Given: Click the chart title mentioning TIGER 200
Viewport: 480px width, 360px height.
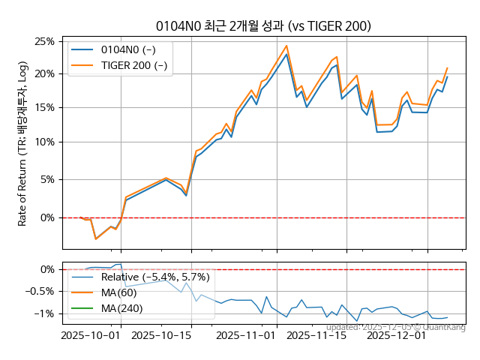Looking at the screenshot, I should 262,26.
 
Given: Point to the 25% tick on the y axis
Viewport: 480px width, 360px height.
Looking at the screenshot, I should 43,41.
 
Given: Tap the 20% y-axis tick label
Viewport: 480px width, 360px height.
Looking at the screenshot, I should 43,73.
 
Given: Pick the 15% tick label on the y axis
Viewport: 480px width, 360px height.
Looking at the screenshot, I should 43,107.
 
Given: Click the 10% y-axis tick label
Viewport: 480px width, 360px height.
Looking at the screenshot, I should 43,142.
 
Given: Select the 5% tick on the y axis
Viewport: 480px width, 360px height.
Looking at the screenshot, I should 46,179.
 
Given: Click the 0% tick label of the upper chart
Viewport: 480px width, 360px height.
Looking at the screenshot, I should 46,217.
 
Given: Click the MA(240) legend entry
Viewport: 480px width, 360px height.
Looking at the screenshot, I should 121,308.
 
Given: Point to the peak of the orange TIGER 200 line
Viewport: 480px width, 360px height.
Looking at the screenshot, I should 286,46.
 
